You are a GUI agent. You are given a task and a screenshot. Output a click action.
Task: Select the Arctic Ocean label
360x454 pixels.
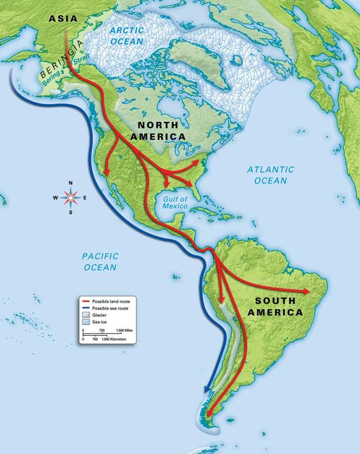point(128,36)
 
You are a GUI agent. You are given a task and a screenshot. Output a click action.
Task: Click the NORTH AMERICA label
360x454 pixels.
point(158,131)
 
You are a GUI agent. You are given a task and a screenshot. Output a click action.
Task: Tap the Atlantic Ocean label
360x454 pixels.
point(271,175)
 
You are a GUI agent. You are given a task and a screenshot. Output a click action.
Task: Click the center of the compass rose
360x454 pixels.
point(70,197)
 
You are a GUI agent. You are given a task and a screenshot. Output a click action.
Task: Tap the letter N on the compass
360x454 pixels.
point(70,184)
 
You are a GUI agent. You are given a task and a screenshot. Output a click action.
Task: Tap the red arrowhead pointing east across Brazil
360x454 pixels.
point(308,291)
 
